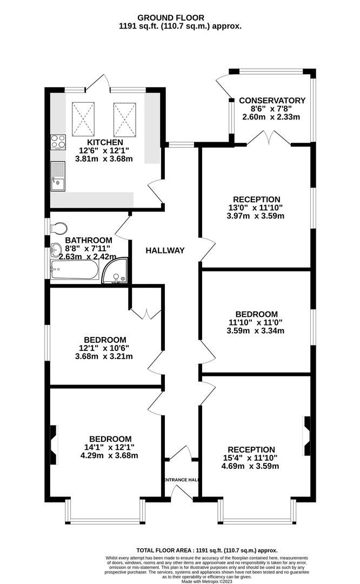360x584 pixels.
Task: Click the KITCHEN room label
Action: [105, 142]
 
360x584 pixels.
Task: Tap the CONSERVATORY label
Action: [272, 101]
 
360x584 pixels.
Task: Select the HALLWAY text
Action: [165, 251]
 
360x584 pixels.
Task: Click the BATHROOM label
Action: [89, 241]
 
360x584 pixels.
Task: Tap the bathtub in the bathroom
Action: [75, 269]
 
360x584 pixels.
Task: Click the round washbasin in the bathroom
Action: [56, 249]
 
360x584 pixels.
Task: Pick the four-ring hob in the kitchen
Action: [58, 142]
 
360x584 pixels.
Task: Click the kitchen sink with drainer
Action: [58, 176]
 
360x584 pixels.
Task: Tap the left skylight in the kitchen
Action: [83, 120]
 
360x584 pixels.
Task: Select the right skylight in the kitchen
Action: [125, 120]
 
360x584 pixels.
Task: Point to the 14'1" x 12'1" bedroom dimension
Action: [109, 447]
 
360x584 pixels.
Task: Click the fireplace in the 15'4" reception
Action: [307, 436]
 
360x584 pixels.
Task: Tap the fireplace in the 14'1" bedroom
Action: [54, 445]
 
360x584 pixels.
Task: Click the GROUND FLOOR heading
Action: [171, 17]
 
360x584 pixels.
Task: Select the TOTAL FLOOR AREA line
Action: [207, 550]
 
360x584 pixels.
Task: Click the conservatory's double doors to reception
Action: [269, 138]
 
